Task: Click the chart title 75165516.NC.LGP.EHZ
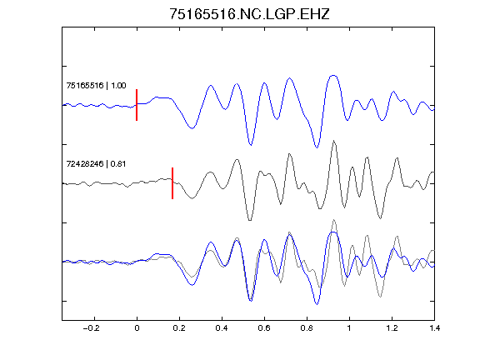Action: tap(249, 14)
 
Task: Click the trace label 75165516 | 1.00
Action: tap(96, 85)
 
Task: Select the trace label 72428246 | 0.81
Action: tap(96, 164)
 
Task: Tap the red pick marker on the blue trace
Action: tap(137, 105)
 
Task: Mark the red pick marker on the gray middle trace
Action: tap(172, 183)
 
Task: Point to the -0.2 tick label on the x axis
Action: tap(92, 328)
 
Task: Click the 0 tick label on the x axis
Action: tap(137, 328)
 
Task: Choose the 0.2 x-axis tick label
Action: tap(179, 328)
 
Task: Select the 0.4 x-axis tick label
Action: tap(222, 328)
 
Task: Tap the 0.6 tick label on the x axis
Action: tap(264, 328)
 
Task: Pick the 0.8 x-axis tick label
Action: tap(307, 328)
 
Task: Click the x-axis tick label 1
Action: tap(349, 328)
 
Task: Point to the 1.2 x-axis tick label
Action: tap(392, 328)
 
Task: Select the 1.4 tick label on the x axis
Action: tap(434, 328)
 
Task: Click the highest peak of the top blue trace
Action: tap(333, 75)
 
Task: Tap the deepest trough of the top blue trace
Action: tap(317, 147)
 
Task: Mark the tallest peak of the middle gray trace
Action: tap(334, 141)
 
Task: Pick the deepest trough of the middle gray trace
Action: tap(250, 220)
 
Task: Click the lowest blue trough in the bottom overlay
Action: tap(317, 304)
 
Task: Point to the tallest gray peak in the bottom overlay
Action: tap(334, 220)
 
